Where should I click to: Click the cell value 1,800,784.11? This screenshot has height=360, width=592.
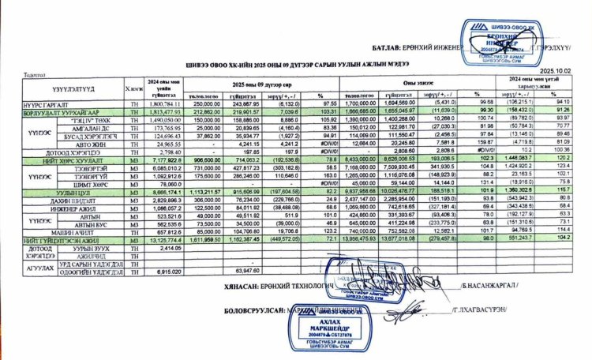165,103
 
